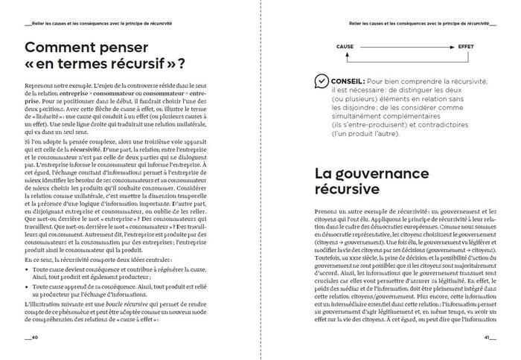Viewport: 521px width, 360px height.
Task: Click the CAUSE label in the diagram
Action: [345, 46]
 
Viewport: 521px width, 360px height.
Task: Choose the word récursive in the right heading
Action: [349, 191]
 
